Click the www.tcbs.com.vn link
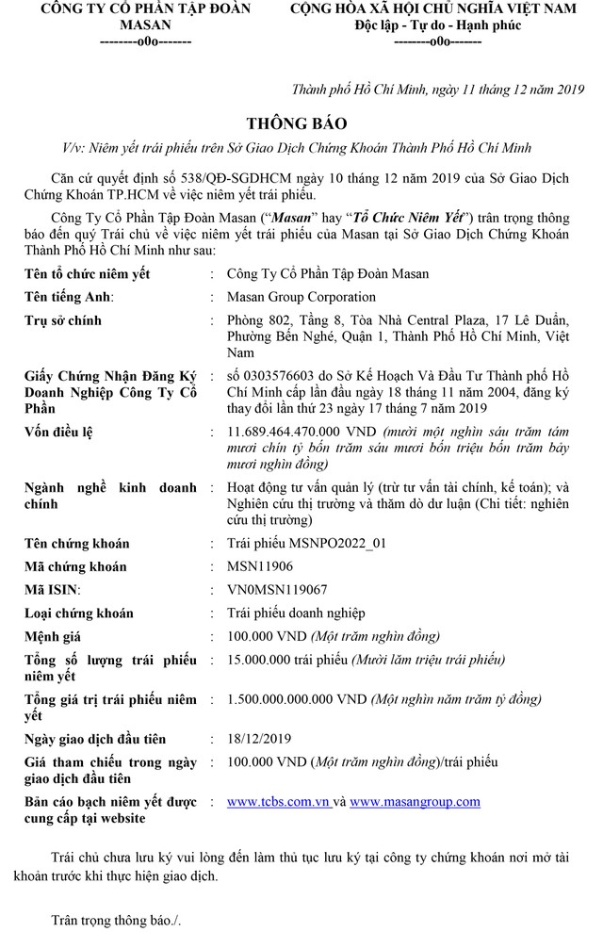coord(278,802)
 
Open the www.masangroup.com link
coord(415,802)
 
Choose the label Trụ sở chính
coord(63,320)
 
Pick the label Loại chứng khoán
coord(81,613)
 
